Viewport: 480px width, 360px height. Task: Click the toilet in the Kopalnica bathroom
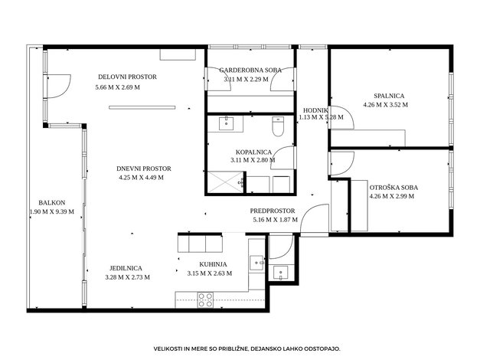click(x=278, y=126)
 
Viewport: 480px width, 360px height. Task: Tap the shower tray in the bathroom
click(x=225, y=182)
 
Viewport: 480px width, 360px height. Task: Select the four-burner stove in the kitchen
click(x=205, y=300)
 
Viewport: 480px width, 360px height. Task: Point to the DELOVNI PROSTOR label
click(x=127, y=77)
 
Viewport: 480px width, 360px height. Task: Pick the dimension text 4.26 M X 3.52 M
click(x=386, y=105)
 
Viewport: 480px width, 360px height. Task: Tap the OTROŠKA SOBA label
click(x=393, y=188)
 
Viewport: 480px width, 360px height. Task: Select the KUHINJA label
click(x=213, y=264)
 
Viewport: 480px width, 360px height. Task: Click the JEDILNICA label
click(x=126, y=268)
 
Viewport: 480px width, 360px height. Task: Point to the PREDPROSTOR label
click(x=273, y=211)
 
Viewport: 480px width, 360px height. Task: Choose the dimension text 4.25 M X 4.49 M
click(x=141, y=178)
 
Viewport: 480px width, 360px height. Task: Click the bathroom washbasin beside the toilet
click(x=227, y=123)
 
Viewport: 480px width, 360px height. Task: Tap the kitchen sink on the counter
click(x=256, y=263)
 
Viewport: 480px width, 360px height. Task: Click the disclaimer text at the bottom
click(x=247, y=349)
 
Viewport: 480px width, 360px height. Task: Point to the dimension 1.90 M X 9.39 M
click(x=52, y=211)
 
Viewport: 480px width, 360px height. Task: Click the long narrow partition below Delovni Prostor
click(x=142, y=107)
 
